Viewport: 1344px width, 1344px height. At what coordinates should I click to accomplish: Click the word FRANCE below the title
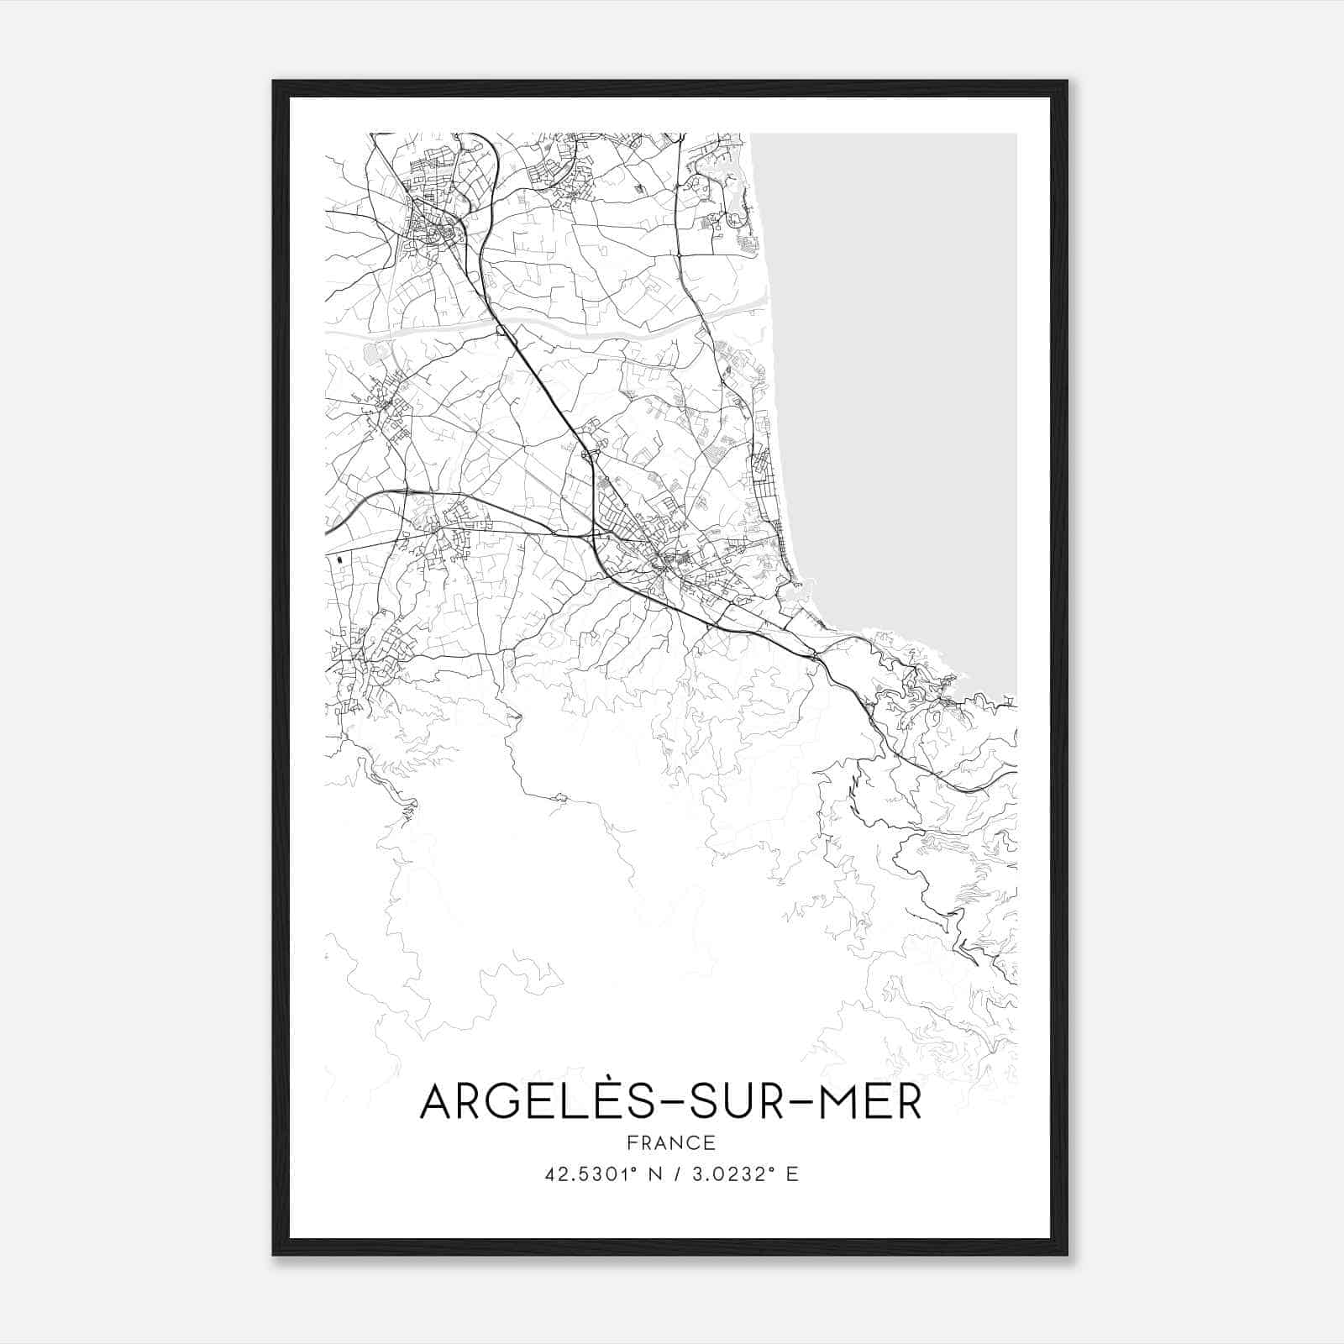point(671,1142)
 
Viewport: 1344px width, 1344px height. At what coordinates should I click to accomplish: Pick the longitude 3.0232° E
point(743,1174)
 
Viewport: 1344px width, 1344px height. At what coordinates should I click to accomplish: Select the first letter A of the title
point(438,1103)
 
